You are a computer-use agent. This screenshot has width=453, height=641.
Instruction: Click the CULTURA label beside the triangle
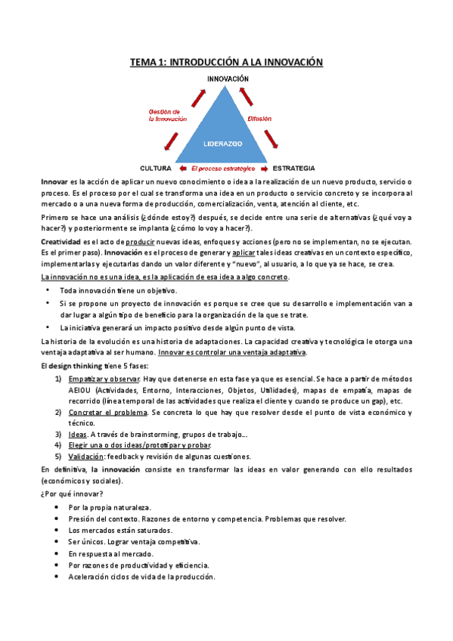click(156, 167)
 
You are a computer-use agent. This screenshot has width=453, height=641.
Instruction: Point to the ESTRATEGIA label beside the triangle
click(293, 167)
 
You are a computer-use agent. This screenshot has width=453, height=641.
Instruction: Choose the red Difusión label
click(259, 119)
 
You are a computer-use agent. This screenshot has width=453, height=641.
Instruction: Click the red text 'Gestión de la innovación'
click(169, 115)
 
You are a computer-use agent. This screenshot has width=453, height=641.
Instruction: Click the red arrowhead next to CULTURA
click(181, 167)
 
